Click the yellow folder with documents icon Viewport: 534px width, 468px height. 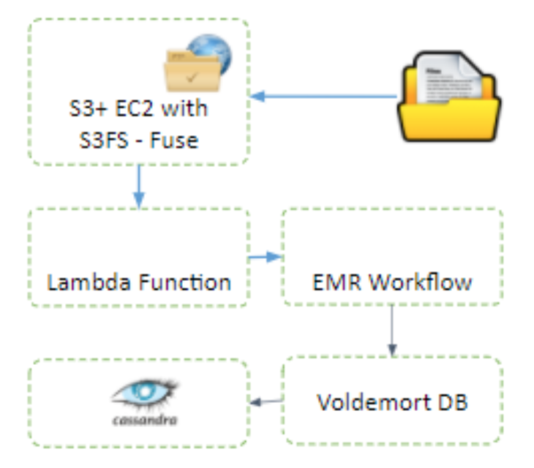[448, 97]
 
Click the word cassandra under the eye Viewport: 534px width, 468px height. [145, 420]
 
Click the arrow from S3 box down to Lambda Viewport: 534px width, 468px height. [139, 187]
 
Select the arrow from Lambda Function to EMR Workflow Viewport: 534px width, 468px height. [265, 257]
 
